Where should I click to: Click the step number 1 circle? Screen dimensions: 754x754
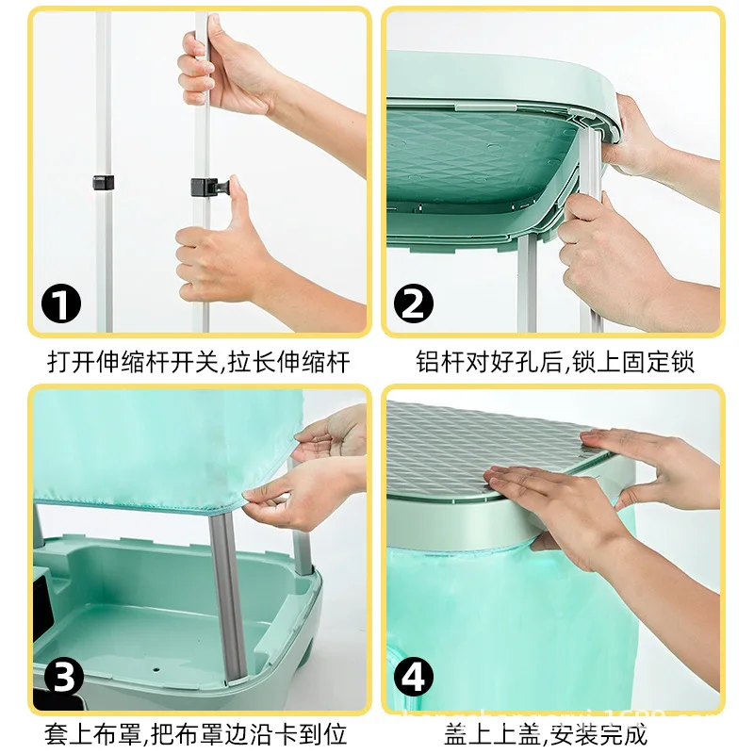(63, 303)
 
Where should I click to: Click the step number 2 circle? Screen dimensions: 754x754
(412, 303)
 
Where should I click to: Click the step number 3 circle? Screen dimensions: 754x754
(63, 677)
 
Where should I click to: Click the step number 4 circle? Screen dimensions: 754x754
(412, 677)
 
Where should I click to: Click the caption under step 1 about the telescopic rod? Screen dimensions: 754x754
(199, 362)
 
